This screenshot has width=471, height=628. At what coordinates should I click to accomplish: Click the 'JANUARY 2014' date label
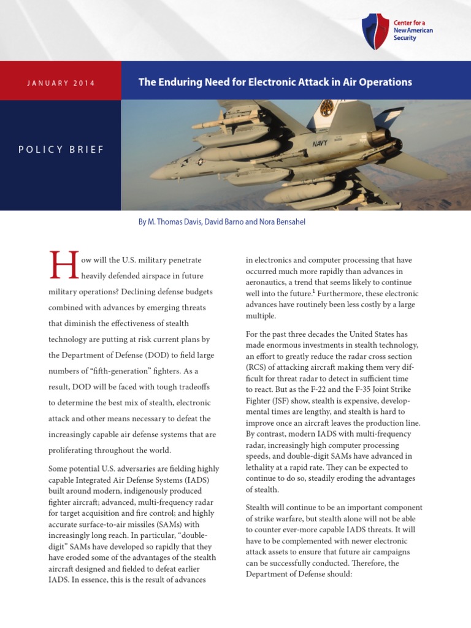pos(61,83)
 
